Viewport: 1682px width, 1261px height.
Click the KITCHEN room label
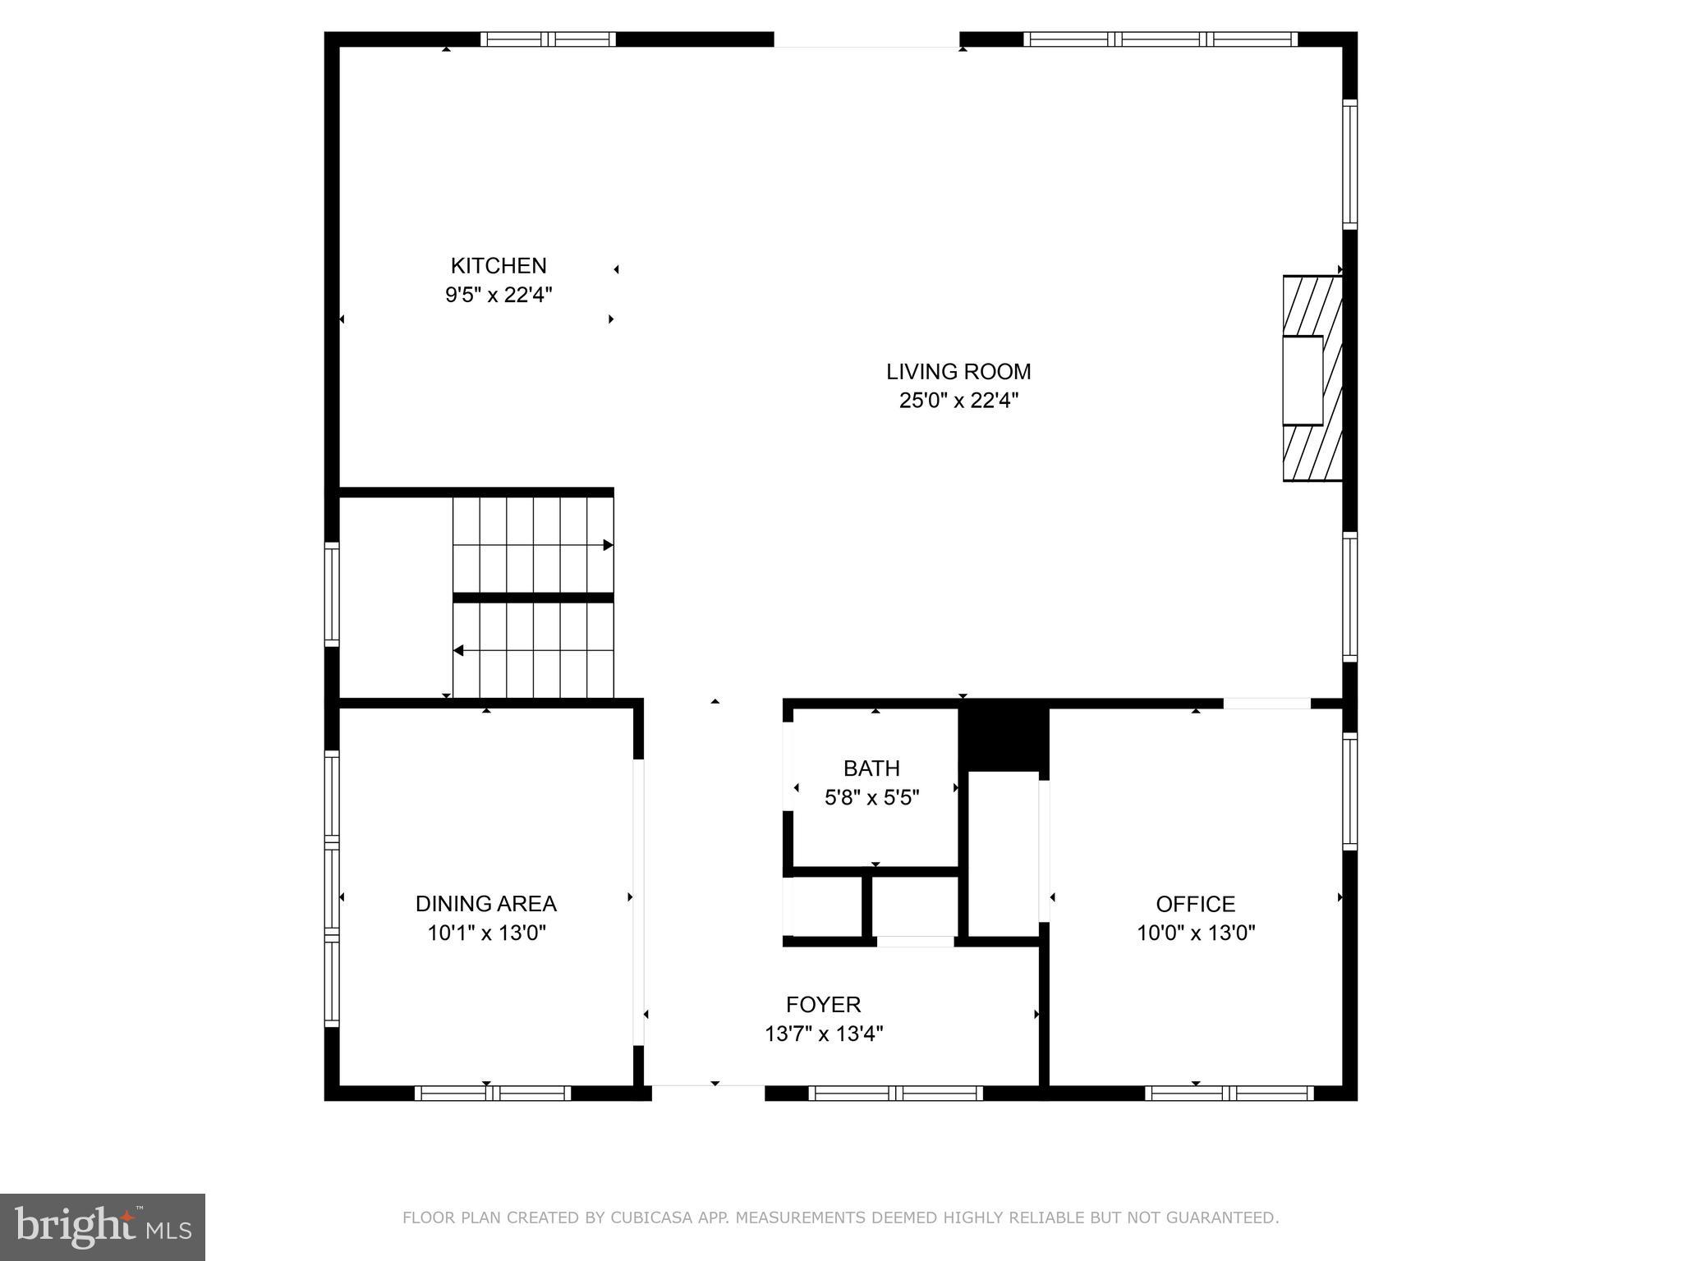pyautogui.click(x=498, y=266)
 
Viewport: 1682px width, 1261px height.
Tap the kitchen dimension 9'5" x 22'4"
pyautogui.click(x=498, y=295)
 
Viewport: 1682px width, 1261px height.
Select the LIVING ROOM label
pyautogui.click(x=958, y=372)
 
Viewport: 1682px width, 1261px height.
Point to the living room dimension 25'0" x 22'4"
pyautogui.click(x=958, y=401)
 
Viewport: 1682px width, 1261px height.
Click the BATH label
pyautogui.click(x=871, y=768)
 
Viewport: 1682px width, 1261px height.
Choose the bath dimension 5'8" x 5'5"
pyautogui.click(x=871, y=797)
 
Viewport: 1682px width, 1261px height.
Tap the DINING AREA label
pyautogui.click(x=485, y=904)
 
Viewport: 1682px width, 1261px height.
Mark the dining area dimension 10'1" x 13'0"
pyautogui.click(x=485, y=933)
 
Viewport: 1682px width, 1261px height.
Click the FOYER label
pyautogui.click(x=823, y=1005)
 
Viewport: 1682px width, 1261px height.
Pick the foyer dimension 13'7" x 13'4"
pyautogui.click(x=823, y=1034)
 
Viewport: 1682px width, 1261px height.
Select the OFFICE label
pyautogui.click(x=1195, y=904)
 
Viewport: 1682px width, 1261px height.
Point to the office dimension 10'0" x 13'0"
pyautogui.click(x=1195, y=933)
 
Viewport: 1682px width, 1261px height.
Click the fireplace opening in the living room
pyautogui.click(x=1303, y=380)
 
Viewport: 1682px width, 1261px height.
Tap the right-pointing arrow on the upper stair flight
pyautogui.click(x=608, y=545)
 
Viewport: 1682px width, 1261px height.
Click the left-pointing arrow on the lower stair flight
pyautogui.click(x=458, y=651)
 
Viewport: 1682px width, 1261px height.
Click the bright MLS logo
pyautogui.click(x=103, y=1227)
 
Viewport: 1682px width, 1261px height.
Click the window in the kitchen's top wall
pyautogui.click(x=548, y=39)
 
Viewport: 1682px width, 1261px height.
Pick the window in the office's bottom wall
pyautogui.click(x=1229, y=1093)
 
